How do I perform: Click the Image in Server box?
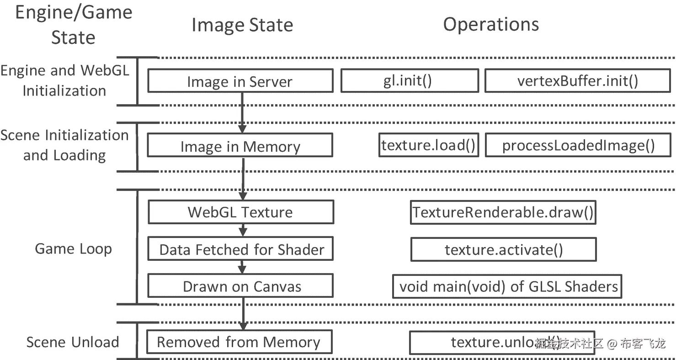coord(240,81)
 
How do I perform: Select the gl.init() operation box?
coord(410,81)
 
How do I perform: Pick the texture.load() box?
coord(428,146)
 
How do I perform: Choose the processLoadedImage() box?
coord(578,146)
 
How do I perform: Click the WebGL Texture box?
coord(240,212)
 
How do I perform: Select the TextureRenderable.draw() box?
coord(503,212)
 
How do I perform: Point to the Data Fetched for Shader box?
coord(240,249)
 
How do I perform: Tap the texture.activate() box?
coord(504,250)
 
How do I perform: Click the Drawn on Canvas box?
coord(240,286)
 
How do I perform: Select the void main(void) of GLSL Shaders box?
coord(507,286)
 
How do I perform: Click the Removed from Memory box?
coord(239,342)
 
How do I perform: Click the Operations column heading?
coord(491,24)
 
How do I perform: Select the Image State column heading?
coord(242,25)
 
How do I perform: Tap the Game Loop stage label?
coord(73,249)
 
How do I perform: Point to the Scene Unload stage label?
coord(73,342)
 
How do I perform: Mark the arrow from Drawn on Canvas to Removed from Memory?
coord(243,313)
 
